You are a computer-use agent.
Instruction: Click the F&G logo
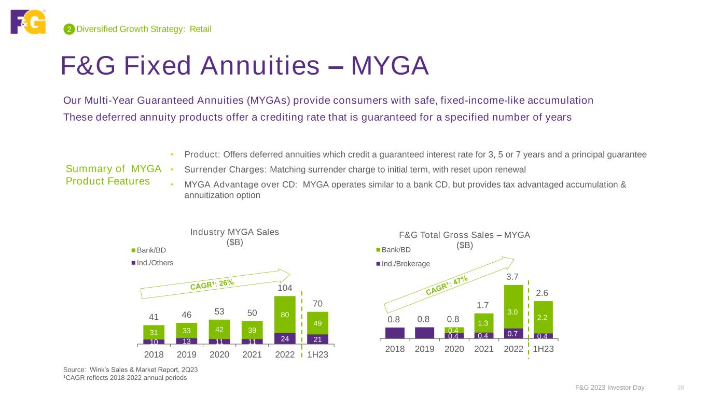[28, 22]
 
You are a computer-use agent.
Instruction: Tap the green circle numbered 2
[68, 30]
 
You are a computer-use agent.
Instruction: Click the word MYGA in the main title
[390, 66]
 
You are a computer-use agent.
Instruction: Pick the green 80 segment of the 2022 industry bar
[285, 315]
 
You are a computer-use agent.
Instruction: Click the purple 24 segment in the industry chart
[285, 338]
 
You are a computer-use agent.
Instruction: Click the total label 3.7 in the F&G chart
[513, 278]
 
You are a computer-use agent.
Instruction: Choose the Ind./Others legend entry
[152, 263]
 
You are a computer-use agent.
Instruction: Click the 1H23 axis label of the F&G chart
[543, 349]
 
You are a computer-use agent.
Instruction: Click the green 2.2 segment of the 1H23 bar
[543, 317]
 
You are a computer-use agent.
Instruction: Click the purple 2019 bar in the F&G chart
[424, 333]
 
